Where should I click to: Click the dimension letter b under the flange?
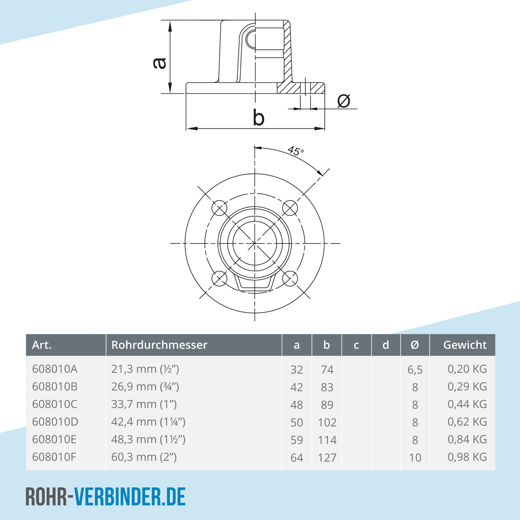[x=259, y=118]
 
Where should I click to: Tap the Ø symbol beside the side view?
[x=344, y=101]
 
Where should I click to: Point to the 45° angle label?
[x=296, y=151]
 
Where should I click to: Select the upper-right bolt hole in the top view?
[x=290, y=208]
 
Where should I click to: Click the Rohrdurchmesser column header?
[x=159, y=345]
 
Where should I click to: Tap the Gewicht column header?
[x=465, y=345]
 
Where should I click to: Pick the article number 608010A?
[x=55, y=369]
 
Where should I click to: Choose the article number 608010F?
[x=54, y=457]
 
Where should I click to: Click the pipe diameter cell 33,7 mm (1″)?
[x=144, y=404]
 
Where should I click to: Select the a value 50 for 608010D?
[x=297, y=422]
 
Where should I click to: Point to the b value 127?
[x=327, y=458]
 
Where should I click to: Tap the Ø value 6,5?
[x=415, y=370]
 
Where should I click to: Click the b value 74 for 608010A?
[x=327, y=370]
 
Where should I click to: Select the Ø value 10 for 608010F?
[x=415, y=458]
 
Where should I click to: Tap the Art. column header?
[x=42, y=345]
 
